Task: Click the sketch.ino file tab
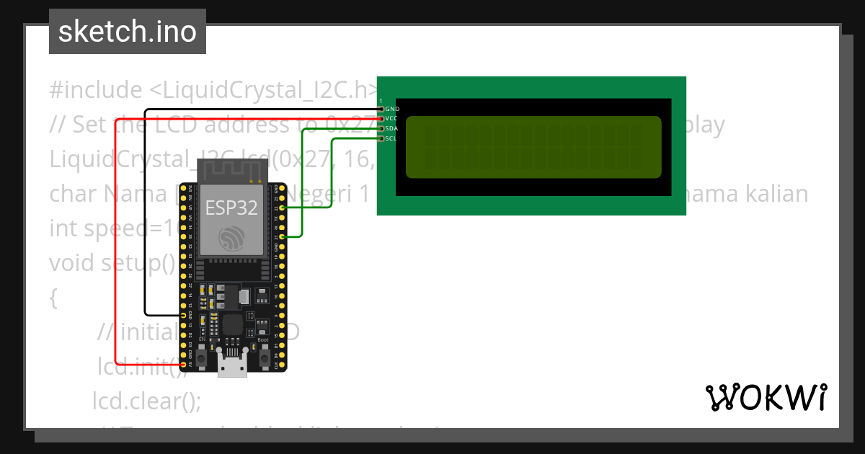(x=127, y=32)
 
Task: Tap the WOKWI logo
(x=765, y=397)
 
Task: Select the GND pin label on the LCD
(x=392, y=109)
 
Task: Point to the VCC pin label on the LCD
(x=391, y=118)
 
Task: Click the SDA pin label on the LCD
(x=391, y=128)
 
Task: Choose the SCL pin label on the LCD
(x=391, y=138)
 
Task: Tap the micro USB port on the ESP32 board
(x=232, y=366)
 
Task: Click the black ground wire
(x=145, y=216)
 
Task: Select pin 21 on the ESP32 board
(x=282, y=236)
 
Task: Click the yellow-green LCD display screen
(x=533, y=147)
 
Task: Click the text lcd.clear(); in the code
(x=146, y=401)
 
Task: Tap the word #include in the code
(x=96, y=90)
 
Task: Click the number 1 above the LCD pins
(x=381, y=102)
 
